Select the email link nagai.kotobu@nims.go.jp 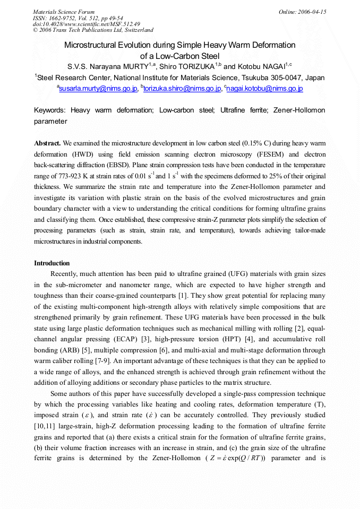265,89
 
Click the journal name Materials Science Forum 64,12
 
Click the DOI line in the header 87,24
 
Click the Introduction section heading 52,263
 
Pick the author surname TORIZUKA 195,66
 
